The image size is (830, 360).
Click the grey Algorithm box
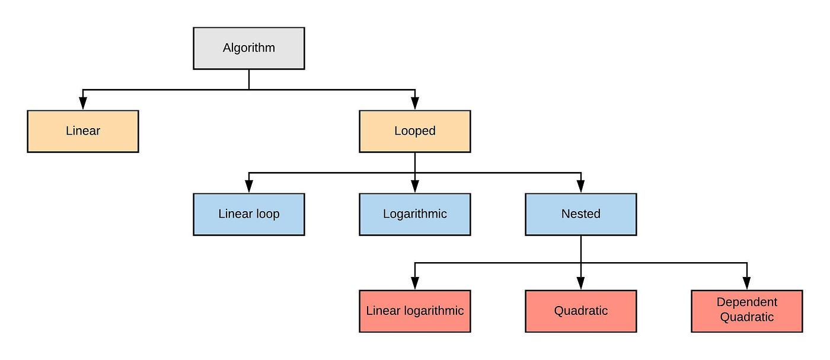point(249,48)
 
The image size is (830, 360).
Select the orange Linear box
point(83,131)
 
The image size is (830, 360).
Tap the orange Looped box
point(415,131)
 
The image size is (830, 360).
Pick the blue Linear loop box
point(249,214)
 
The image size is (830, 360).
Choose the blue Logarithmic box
point(415,214)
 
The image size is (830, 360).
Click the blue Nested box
point(581,214)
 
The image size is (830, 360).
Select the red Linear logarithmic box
point(415,311)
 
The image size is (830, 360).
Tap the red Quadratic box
point(581,311)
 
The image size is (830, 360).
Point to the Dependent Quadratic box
point(747,311)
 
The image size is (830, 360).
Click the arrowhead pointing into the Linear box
point(83,104)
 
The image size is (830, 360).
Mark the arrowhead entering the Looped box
point(415,104)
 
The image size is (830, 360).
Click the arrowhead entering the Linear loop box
point(249,187)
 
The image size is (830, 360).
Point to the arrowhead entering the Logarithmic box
point(415,187)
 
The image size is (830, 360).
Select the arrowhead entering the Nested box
point(581,187)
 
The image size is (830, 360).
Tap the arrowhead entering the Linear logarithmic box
point(415,284)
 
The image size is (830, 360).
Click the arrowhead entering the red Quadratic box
point(581,284)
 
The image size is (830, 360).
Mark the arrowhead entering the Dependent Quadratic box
point(747,284)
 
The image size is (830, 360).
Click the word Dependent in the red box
point(747,302)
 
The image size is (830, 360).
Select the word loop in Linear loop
point(267,214)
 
